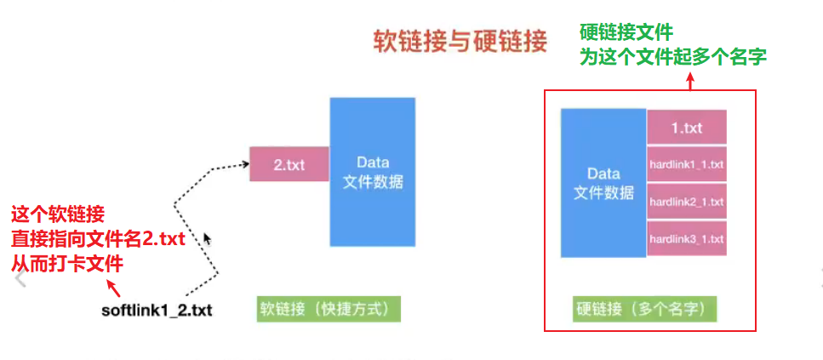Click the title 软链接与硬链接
coord(460,42)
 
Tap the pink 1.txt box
coord(686,128)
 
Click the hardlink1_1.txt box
coord(686,163)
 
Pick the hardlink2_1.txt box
coord(686,202)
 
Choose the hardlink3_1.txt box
coord(686,239)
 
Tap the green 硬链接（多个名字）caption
coord(646,308)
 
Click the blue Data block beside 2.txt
coord(373,171)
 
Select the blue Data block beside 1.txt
coord(603,183)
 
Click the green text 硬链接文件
coord(626,33)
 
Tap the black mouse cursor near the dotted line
coord(207,240)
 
